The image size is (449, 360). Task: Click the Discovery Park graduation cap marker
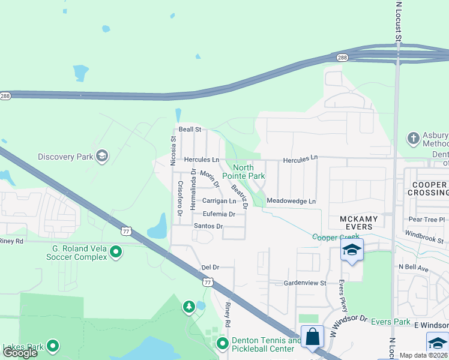[101, 157]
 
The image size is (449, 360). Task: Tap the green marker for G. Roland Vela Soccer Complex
[116, 252]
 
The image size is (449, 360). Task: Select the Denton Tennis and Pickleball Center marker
[223, 344]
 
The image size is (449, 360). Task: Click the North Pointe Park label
[244, 172]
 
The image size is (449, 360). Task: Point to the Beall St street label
[189, 129]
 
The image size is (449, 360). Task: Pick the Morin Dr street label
[208, 179]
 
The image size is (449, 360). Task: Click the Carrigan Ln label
[219, 201]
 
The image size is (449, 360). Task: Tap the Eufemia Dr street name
[219, 214]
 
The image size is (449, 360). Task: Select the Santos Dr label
[208, 226]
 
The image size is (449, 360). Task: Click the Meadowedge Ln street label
[291, 201]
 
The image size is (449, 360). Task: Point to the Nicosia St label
[173, 147]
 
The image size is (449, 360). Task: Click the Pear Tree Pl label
[425, 220]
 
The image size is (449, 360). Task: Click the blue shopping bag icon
[313, 337]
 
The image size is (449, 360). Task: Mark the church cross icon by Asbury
[413, 139]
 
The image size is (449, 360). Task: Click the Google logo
[20, 352]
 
